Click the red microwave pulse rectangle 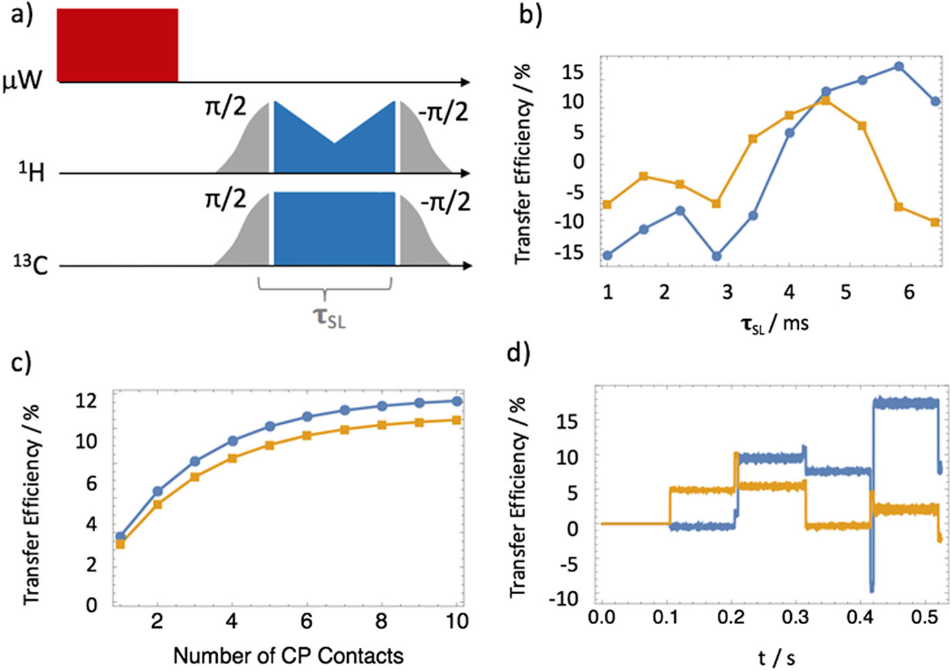(x=118, y=45)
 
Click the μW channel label (x=22, y=81)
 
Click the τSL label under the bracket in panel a (x=329, y=317)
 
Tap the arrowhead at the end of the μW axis (x=465, y=82)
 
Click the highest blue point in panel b (x=899, y=67)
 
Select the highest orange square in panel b (x=825, y=101)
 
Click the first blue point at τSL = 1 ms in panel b (x=607, y=255)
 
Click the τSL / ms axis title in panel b (x=774, y=324)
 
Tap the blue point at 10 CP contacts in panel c (x=457, y=401)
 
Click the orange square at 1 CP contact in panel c (x=120, y=544)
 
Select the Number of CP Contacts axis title (x=288, y=655)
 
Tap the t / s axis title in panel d (x=776, y=657)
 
